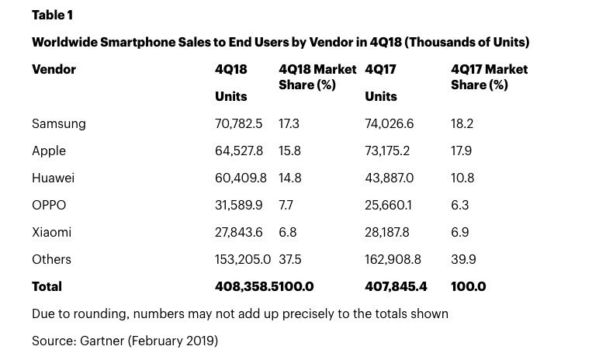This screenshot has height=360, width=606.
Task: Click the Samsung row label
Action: tap(59, 124)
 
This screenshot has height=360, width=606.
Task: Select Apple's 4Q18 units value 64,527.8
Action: tap(238, 151)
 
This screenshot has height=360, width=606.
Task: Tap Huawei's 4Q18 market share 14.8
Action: tap(289, 178)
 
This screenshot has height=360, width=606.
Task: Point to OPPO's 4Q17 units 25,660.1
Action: tap(388, 206)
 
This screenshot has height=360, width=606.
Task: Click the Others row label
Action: tap(51, 260)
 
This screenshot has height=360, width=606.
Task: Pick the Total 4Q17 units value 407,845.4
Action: tap(396, 287)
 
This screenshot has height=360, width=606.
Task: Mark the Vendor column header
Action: tap(54, 70)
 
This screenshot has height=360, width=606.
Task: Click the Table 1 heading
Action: tap(52, 16)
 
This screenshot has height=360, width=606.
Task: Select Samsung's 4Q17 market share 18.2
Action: tap(462, 124)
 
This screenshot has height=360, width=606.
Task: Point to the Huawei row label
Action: tap(53, 178)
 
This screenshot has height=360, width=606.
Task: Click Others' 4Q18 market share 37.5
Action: tap(289, 260)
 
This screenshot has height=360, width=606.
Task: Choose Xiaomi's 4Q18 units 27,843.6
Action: tap(238, 233)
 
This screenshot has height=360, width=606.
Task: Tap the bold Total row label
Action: tap(47, 287)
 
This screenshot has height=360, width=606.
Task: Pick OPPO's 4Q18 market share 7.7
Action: tap(286, 206)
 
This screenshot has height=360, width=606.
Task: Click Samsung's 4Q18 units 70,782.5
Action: tap(238, 124)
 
